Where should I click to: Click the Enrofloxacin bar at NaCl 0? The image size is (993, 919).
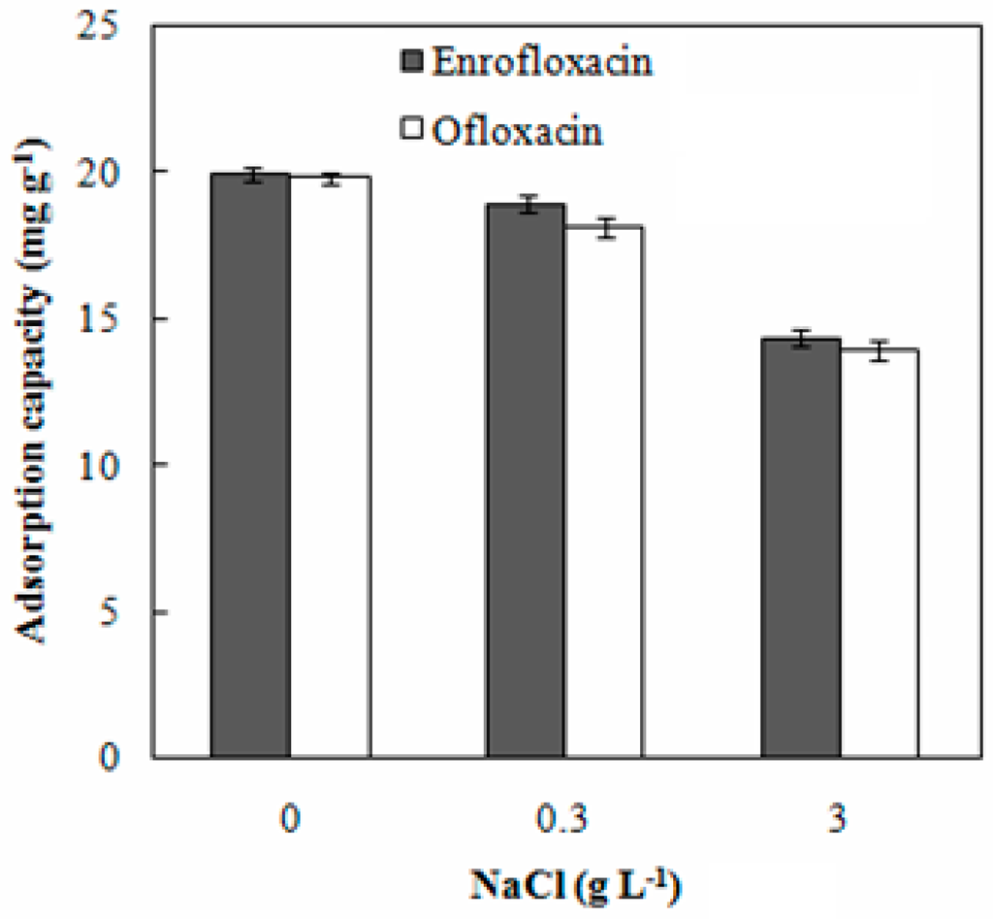pos(250,466)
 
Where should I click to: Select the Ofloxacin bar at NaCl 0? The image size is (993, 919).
pos(331,467)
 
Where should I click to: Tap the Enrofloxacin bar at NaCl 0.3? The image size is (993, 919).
pos(525,480)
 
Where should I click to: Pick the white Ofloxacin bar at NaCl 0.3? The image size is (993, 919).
pos(604,491)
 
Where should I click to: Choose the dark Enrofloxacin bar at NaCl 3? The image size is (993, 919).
pos(799,547)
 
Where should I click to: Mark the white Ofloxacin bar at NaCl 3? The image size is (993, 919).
pos(879,553)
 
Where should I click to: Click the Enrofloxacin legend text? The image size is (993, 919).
pos(540,61)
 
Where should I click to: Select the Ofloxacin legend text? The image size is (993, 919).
pos(517,130)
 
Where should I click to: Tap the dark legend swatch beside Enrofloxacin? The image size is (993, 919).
pos(408,62)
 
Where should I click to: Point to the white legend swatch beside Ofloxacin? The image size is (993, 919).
pos(408,129)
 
